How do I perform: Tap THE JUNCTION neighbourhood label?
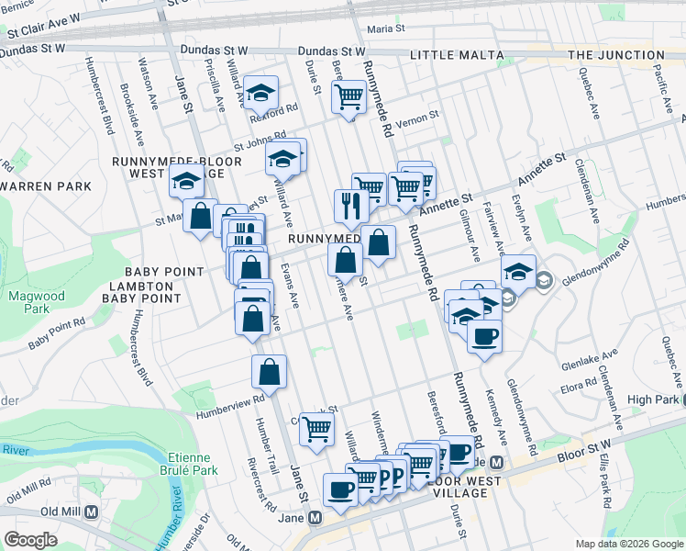(616, 55)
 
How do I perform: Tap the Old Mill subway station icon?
(91, 513)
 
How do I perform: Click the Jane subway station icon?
(315, 518)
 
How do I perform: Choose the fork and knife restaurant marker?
(350, 206)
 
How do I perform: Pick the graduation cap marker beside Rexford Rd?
(261, 93)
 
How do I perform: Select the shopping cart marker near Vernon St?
(349, 96)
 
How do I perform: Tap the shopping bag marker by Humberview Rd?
(269, 372)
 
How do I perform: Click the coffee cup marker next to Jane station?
(340, 489)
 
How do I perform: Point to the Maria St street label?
(386, 29)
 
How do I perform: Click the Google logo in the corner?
(29, 540)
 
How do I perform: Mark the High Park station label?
(653, 399)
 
